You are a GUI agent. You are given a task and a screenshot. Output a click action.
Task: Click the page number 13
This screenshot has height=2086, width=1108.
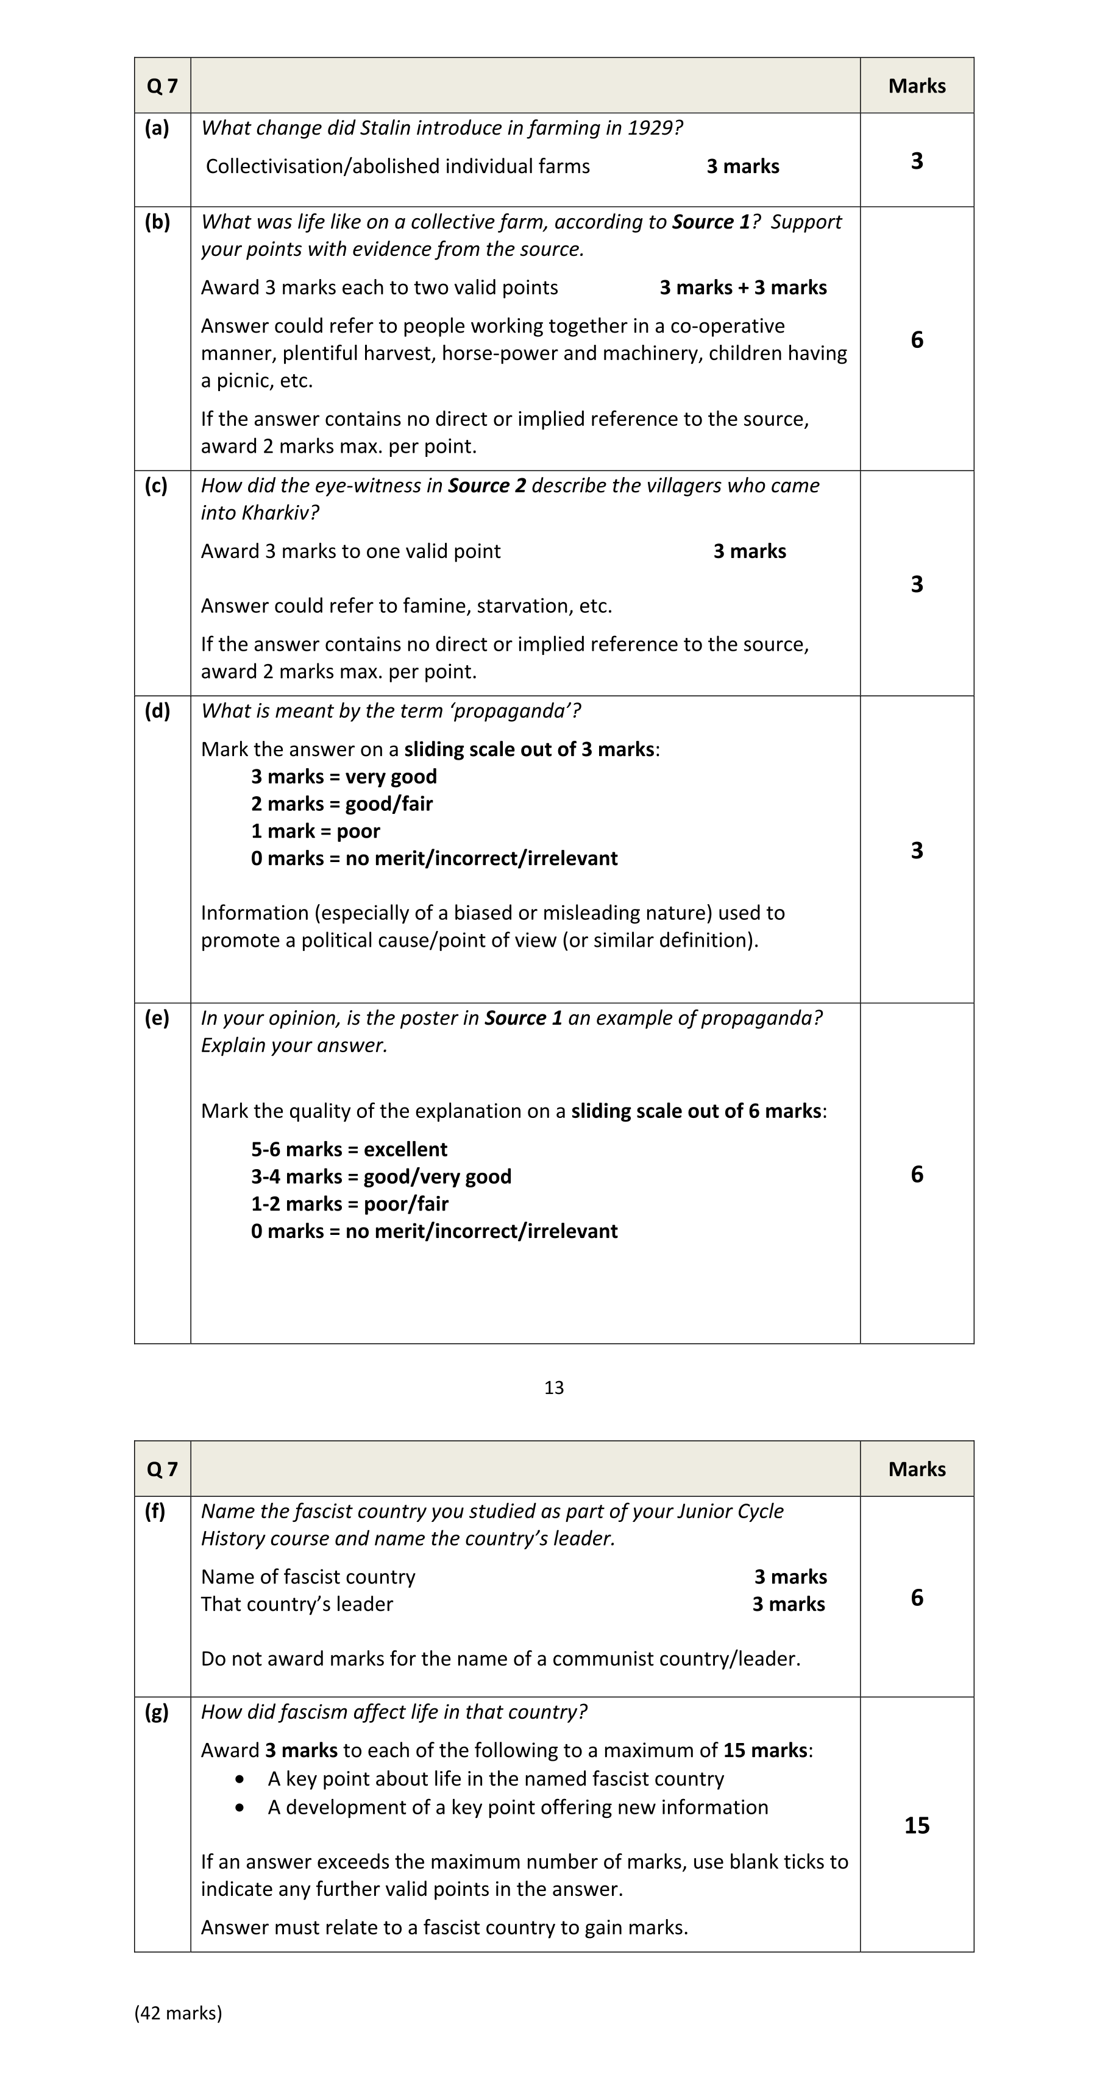553,1387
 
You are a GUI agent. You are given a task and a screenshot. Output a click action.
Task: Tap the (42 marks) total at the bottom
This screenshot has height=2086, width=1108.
178,2012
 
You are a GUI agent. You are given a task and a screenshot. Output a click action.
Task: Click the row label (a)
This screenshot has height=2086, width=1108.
157,128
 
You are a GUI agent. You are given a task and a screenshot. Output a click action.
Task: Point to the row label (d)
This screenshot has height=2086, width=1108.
157,710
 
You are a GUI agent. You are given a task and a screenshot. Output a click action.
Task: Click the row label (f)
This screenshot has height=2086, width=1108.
155,1510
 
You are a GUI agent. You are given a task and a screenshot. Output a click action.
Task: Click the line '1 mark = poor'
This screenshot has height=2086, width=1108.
315,831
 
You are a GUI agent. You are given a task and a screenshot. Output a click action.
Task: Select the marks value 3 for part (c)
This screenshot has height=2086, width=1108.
916,584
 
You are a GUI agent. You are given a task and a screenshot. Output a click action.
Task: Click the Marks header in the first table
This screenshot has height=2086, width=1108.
916,86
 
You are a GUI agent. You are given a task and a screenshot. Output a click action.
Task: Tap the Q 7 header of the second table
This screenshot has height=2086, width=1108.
162,1469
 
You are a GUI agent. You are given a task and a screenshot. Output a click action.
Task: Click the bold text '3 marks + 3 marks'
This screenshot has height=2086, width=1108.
743,288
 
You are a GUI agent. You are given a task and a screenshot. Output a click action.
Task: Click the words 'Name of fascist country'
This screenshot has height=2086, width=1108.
308,1577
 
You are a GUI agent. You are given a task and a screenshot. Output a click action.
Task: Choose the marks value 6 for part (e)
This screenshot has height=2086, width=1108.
916,1174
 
